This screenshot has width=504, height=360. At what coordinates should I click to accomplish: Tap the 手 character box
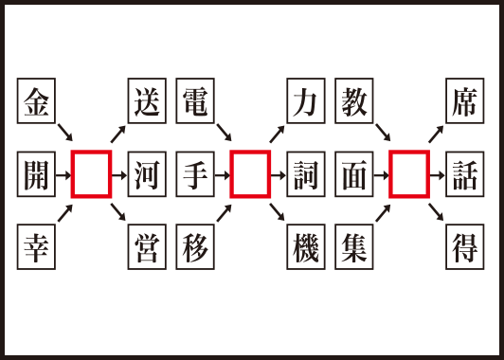pyautogui.click(x=195, y=174)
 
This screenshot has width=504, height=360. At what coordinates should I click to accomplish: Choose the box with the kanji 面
pyautogui.click(x=354, y=174)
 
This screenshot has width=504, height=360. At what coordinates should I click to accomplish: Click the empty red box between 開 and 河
pyautogui.click(x=92, y=174)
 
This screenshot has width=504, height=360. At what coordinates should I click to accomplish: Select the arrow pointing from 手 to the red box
pyautogui.click(x=222, y=174)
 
